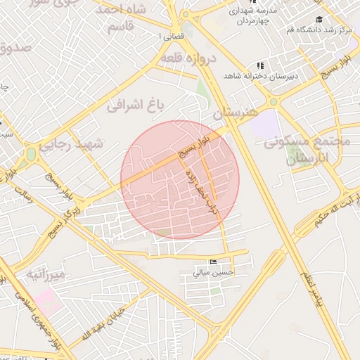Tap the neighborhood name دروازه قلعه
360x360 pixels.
pyautogui.click(x=186, y=58)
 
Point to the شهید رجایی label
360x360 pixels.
pyautogui.click(x=70, y=144)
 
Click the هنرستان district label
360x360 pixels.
pyautogui.click(x=236, y=112)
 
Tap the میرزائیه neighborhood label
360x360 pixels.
pyautogui.click(x=46, y=273)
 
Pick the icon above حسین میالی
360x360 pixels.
pyautogui.click(x=214, y=262)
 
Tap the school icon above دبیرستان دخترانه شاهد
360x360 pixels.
pyautogui.click(x=261, y=65)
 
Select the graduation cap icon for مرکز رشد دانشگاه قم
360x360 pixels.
pyautogui.click(x=319, y=20)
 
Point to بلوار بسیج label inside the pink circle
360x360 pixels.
pyautogui.click(x=193, y=146)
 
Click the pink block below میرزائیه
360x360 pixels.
pyautogui.click(x=48, y=301)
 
